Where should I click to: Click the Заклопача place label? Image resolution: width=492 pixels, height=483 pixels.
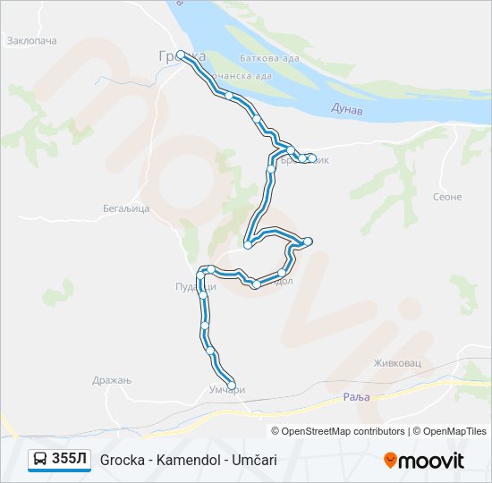[31, 41]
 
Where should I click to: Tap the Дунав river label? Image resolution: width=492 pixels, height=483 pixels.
[346, 108]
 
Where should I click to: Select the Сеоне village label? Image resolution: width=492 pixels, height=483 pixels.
[446, 197]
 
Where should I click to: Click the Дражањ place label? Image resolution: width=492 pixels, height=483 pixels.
[112, 380]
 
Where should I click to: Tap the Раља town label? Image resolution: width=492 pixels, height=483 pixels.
[355, 396]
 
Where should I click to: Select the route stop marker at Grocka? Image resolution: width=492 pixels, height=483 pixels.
[181, 55]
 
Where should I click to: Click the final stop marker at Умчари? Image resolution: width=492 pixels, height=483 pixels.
[232, 386]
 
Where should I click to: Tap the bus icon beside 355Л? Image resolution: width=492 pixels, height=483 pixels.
[41, 459]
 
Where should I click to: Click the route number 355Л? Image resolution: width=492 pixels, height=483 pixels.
[70, 459]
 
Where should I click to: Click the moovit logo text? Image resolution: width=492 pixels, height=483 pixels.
[432, 461]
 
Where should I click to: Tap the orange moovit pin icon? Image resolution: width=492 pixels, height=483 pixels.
[391, 461]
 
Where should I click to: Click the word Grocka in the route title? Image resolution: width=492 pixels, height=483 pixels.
[120, 459]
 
